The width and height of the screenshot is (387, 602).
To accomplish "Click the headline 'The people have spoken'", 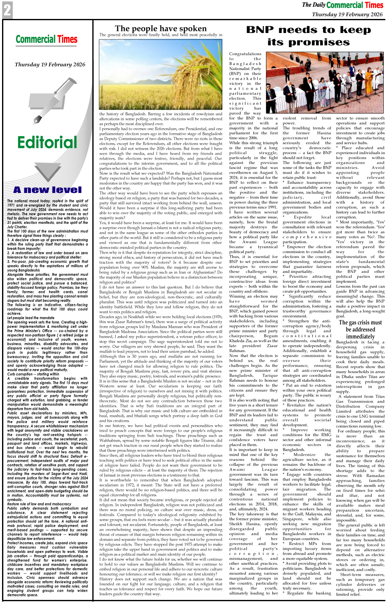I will click(160, 28).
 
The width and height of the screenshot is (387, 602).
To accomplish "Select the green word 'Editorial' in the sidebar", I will click(47, 143).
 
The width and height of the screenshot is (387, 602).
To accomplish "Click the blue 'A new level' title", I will click(47, 190).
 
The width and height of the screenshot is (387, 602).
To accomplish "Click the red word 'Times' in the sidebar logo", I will click(67, 40).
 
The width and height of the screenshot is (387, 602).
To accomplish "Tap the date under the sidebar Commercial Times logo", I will click(50, 64).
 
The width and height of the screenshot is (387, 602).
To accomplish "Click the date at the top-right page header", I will click(347, 14).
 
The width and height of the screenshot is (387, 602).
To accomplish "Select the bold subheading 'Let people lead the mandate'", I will click(31, 318).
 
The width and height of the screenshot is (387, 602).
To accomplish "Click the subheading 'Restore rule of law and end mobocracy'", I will click(39, 503).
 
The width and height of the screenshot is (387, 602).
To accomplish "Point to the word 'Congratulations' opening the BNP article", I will click(245, 54).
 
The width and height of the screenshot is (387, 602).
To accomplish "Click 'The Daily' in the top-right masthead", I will click(313, 5).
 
